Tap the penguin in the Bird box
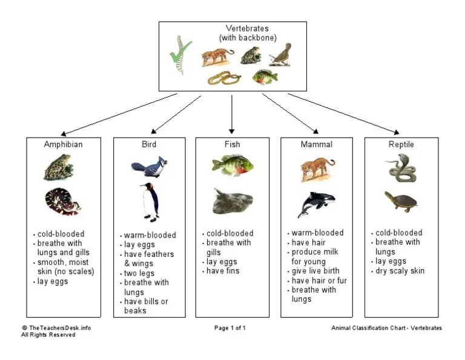point(149,201)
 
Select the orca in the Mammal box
point(312,204)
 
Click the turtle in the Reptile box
point(400,201)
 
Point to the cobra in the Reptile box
point(401,168)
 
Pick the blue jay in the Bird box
point(148,167)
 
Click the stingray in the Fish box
point(232,201)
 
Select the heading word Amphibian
point(63,145)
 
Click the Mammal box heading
point(316,145)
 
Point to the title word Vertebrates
point(247,28)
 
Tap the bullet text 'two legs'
point(140,273)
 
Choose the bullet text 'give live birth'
point(315,271)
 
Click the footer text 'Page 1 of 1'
point(229,328)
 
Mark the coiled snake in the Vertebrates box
point(224,78)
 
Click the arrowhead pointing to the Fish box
point(232,129)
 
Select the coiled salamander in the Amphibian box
point(62,202)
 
